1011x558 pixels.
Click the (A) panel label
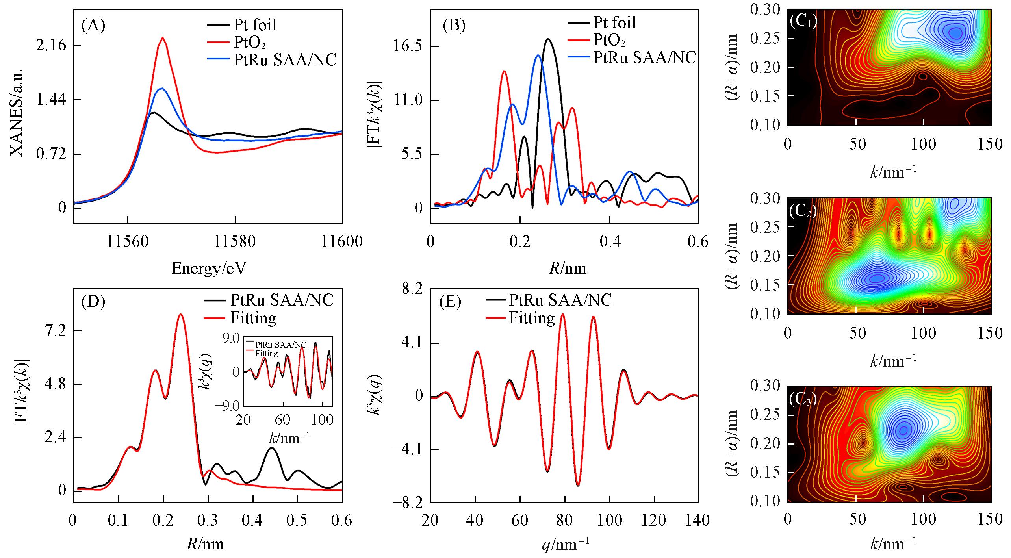coord(93,26)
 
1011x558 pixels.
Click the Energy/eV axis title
coord(208,268)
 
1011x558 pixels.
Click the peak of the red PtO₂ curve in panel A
coord(163,38)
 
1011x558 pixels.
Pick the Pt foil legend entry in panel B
coord(614,22)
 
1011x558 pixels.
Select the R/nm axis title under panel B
coord(568,268)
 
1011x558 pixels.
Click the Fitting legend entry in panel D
coord(253,318)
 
